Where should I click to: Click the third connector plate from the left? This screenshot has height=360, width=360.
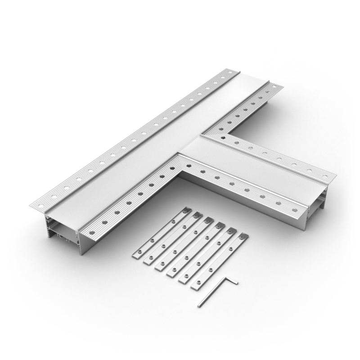183,245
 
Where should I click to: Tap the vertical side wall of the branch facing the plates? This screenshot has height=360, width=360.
243,202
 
